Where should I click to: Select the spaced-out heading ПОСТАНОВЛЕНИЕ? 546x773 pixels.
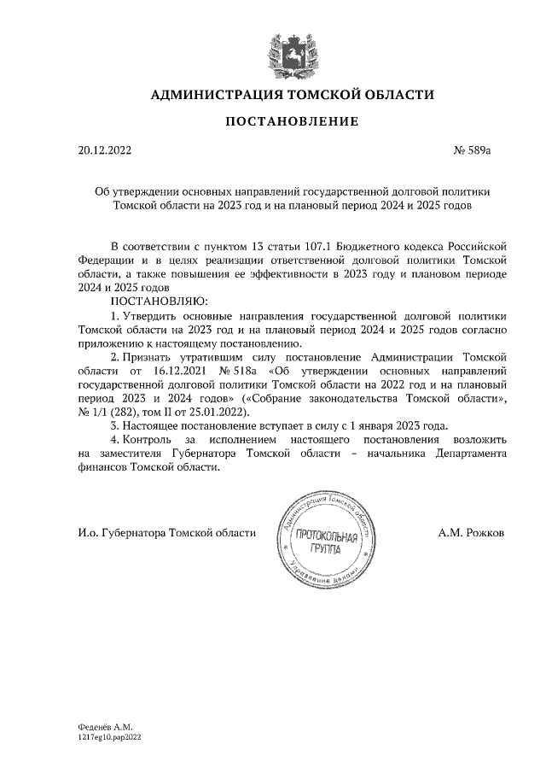tap(292, 122)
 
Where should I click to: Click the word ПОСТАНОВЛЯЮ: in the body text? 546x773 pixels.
tap(160, 302)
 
